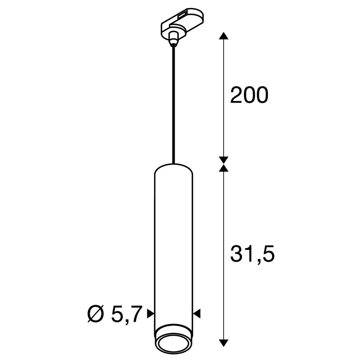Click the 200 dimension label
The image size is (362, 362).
[x=249, y=95]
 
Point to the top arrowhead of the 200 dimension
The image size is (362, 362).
[x=224, y=36]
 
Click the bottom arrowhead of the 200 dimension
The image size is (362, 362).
[x=224, y=160]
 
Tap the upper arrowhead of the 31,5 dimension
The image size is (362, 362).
[x=224, y=168]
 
